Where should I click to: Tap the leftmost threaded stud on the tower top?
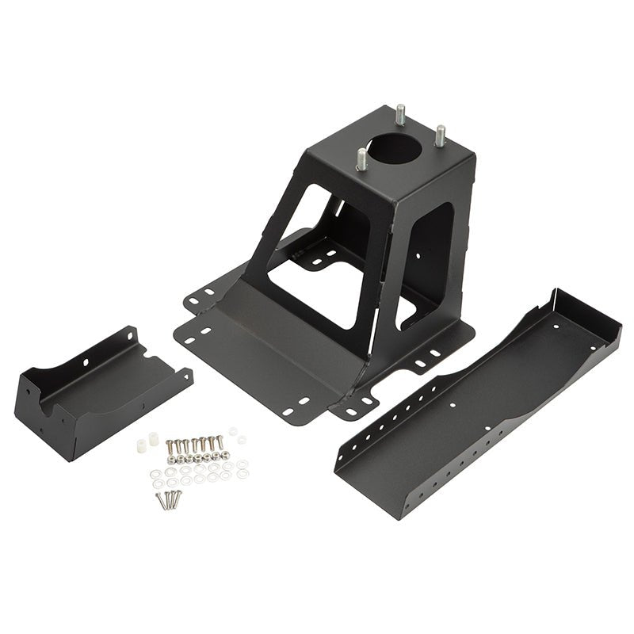pyautogui.click(x=361, y=161)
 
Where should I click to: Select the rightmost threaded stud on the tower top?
pyautogui.click(x=440, y=136)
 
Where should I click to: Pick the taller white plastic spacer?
pyautogui.click(x=153, y=438)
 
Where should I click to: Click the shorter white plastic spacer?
pyautogui.click(x=142, y=447)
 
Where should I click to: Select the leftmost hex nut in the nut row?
pyautogui.click(x=171, y=460)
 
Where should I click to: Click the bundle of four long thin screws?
pyautogui.click(x=169, y=499)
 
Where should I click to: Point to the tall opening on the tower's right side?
pyautogui.click(x=432, y=254)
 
